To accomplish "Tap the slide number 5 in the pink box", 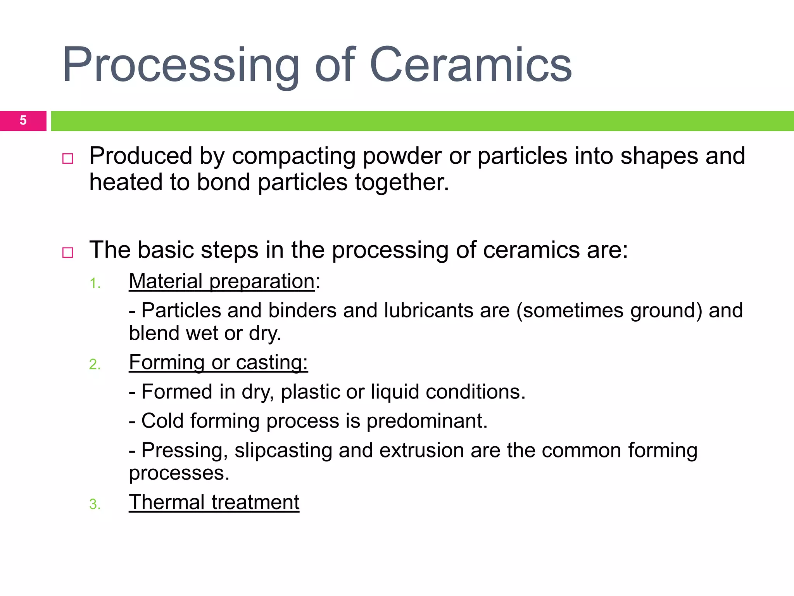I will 23,121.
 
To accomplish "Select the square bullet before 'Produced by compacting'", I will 68,159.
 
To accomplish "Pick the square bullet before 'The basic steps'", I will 68,253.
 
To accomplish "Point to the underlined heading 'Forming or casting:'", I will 218,362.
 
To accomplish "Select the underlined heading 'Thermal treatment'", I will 214,502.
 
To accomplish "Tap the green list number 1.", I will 95,284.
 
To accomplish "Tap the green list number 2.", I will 95,365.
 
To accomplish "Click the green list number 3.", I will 95,504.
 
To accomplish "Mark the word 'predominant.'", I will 426,421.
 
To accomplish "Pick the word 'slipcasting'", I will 283,451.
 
